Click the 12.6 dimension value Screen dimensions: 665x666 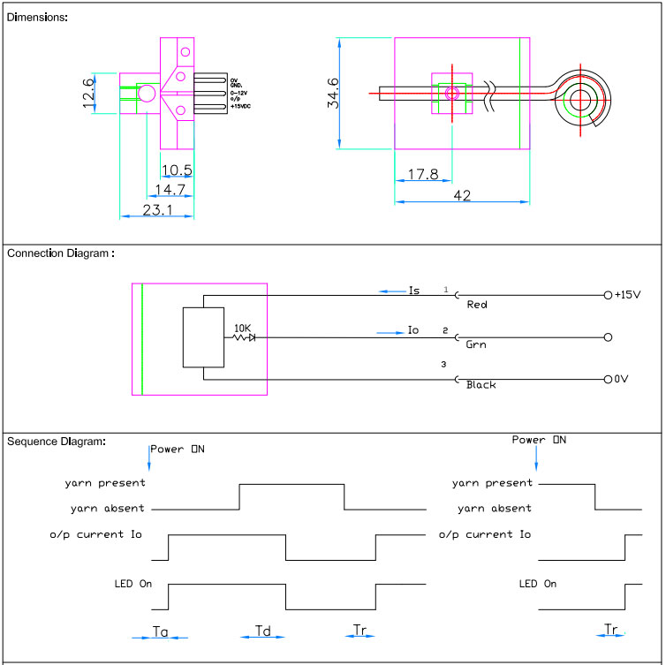point(88,93)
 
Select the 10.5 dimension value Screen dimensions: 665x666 point(177,170)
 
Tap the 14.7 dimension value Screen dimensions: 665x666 point(169,189)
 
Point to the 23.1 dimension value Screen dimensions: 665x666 point(155,210)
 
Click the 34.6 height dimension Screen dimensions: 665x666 point(333,93)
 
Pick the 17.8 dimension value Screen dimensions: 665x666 point(422,175)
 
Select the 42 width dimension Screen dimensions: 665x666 point(461,196)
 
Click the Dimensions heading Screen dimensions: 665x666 point(36,17)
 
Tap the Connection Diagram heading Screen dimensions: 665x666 point(60,253)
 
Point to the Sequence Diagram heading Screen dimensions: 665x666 point(57,441)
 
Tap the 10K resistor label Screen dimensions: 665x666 point(241,328)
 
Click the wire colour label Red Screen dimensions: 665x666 point(477,305)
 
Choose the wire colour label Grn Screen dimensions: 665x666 point(476,345)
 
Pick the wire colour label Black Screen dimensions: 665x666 point(481,385)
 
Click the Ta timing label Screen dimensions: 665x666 point(160,631)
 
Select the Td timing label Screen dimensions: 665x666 point(263,631)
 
